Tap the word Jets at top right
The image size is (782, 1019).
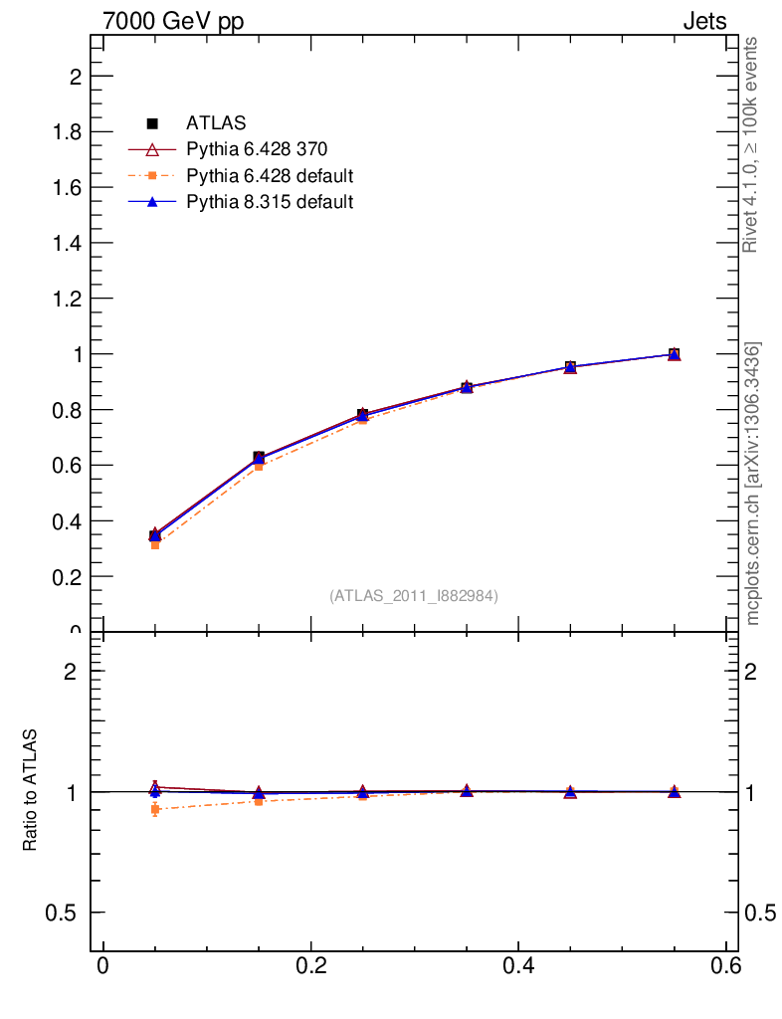(703, 21)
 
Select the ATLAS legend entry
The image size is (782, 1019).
(216, 123)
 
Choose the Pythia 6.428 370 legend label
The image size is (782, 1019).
(257, 150)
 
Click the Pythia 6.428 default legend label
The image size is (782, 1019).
(270, 176)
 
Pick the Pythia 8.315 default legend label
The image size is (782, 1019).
(270, 202)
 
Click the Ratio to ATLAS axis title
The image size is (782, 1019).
(31, 790)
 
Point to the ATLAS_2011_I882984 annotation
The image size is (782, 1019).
(414, 596)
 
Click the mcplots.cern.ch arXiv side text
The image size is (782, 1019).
(753, 484)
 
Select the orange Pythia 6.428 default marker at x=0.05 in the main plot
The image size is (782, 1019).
(155, 544)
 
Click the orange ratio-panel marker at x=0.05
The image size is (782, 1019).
(155, 810)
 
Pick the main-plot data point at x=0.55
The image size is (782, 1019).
(675, 354)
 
